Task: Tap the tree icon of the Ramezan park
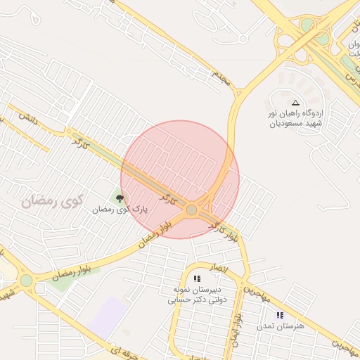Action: (x=120, y=199)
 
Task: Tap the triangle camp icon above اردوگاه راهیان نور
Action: (x=295, y=103)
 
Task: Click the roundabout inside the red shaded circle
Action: (x=191, y=210)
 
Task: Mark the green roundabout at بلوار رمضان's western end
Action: (x=26, y=281)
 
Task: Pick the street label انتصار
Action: (x=219, y=268)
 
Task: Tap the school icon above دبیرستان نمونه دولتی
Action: (x=197, y=279)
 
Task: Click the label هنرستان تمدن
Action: (x=281, y=326)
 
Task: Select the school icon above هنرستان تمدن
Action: (x=280, y=315)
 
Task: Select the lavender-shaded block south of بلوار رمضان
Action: (x=110, y=316)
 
